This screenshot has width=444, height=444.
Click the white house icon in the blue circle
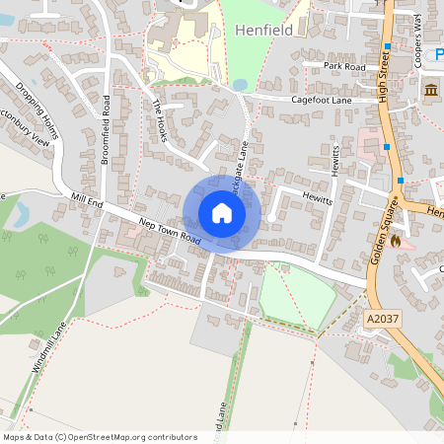(x=221, y=213)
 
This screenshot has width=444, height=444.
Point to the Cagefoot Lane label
(x=322, y=100)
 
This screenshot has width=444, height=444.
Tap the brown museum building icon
(x=431, y=92)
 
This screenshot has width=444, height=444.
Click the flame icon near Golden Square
(x=396, y=240)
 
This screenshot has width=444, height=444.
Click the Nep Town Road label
(x=170, y=231)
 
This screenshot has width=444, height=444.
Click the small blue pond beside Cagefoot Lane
(x=240, y=86)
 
